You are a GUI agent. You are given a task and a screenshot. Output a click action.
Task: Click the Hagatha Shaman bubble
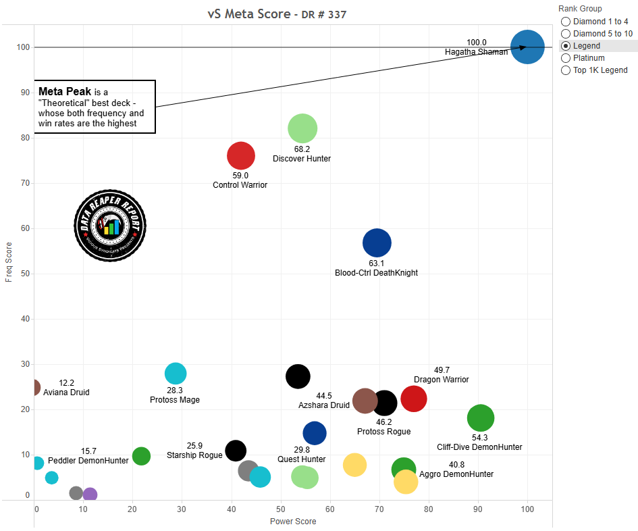[x=527, y=47]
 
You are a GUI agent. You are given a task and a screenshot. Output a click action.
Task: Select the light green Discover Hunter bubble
[x=302, y=128]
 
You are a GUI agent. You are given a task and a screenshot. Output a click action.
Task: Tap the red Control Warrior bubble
[x=240, y=156]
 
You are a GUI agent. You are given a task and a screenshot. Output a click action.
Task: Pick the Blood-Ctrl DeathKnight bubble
[x=377, y=243]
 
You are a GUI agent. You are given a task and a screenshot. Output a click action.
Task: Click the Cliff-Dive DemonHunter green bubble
[x=481, y=418]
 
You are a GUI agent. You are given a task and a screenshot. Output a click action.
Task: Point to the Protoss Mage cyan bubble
[x=176, y=373]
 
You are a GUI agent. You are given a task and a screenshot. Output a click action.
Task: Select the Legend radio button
[x=566, y=46]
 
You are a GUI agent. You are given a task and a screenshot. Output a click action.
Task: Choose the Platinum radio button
[x=566, y=58]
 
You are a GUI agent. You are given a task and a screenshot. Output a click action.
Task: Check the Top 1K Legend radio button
[x=566, y=70]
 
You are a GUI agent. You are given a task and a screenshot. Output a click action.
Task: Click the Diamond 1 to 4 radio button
[x=566, y=22]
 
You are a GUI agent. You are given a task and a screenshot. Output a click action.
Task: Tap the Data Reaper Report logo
[x=110, y=225]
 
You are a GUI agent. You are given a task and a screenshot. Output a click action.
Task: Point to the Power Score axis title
[x=293, y=521]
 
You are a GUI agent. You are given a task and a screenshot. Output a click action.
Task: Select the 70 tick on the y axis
[x=26, y=183]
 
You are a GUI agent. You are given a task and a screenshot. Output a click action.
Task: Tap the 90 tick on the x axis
[x=477, y=508]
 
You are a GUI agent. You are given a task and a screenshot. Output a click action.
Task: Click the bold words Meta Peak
[x=65, y=91]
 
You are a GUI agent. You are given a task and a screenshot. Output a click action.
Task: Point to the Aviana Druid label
[x=66, y=392]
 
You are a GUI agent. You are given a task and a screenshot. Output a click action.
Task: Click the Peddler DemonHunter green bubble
[x=141, y=456]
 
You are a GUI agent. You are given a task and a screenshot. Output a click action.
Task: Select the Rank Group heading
[x=579, y=9]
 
